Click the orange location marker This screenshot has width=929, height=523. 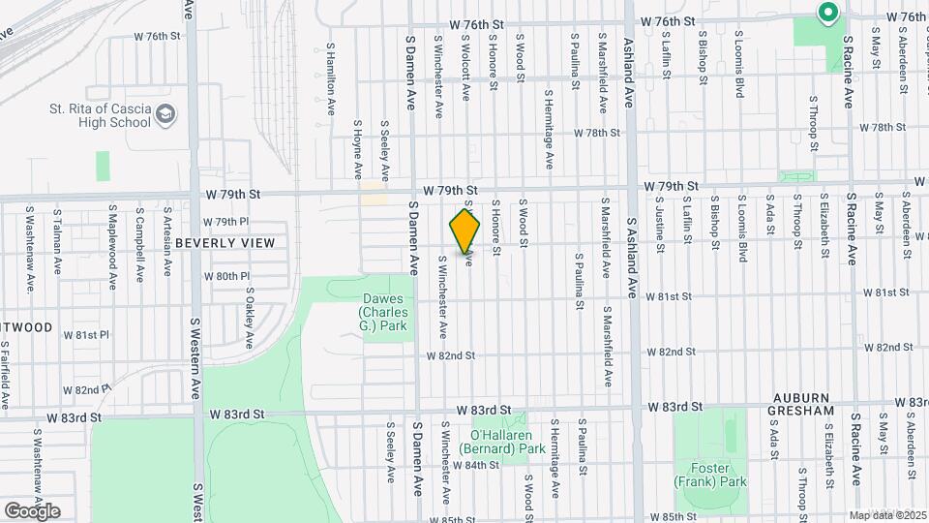click(x=465, y=231)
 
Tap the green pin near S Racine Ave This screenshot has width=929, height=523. click(x=827, y=14)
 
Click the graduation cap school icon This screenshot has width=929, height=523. click(x=167, y=115)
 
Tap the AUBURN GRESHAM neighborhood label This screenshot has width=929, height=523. click(x=803, y=405)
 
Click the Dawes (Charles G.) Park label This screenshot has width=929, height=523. click(x=384, y=313)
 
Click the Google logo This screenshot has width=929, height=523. click(x=32, y=510)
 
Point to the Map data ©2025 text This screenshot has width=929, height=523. click(x=886, y=514)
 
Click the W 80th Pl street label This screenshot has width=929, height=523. click(x=226, y=276)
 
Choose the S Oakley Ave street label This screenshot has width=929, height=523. click(x=249, y=317)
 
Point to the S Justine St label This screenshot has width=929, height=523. click(x=659, y=228)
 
